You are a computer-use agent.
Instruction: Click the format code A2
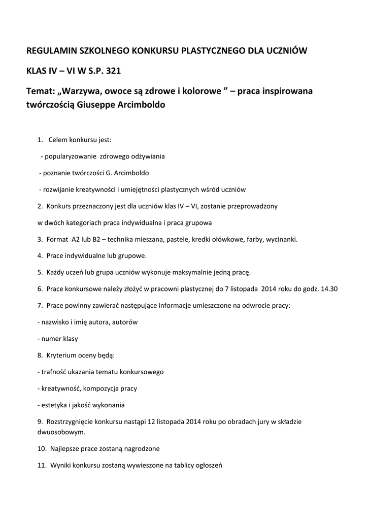pos(77,239)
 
